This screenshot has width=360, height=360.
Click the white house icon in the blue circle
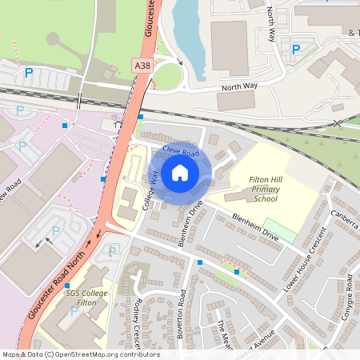point(180,171)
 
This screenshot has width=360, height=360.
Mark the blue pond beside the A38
point(189,32)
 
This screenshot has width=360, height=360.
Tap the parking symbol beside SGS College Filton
point(74,310)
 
